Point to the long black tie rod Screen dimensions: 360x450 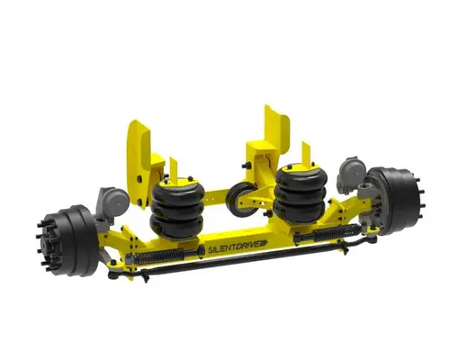click(243, 255)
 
